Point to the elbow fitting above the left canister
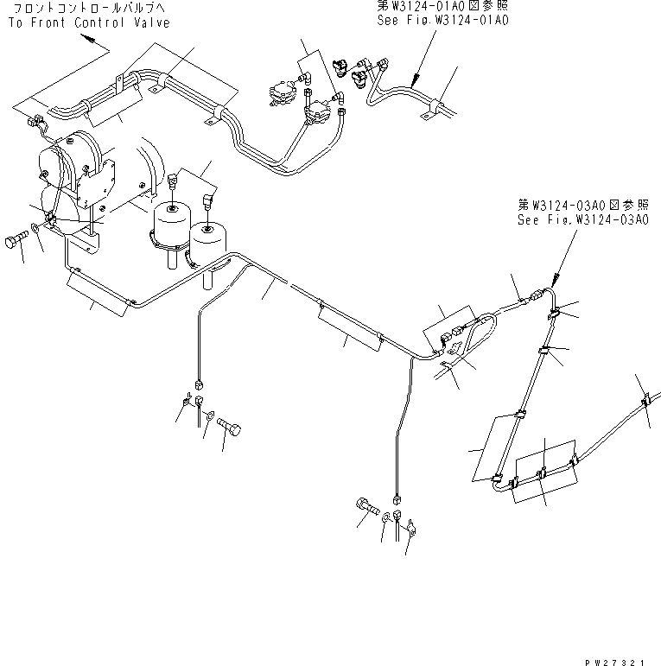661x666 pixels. click(174, 181)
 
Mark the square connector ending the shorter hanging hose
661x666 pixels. click(199, 385)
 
